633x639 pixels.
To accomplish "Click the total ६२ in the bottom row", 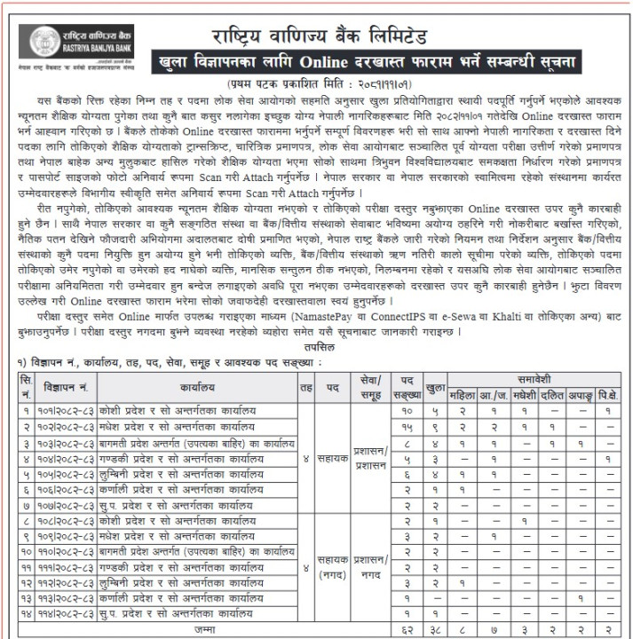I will coord(407,629).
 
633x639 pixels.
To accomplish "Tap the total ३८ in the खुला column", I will coord(435,629).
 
